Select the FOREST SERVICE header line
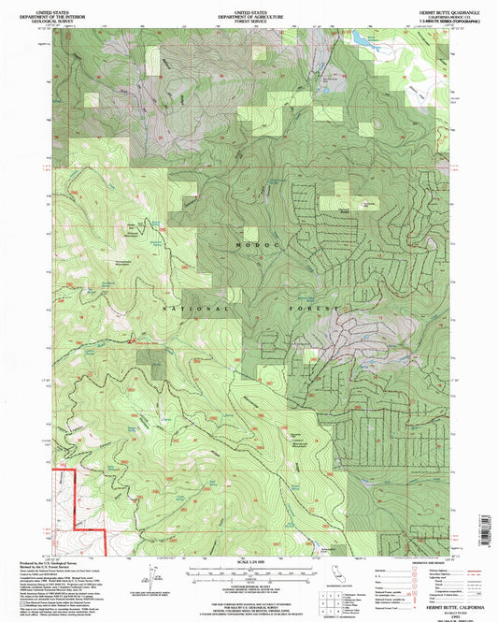249,15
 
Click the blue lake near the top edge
358,38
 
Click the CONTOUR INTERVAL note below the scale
248,584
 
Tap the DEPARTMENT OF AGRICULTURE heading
249,9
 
